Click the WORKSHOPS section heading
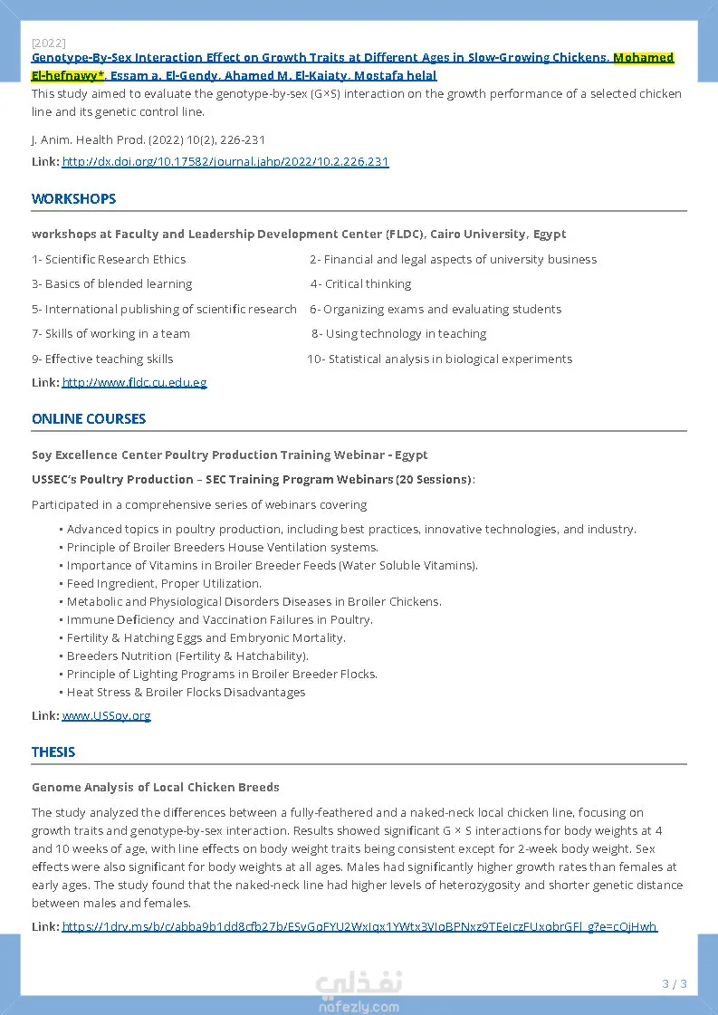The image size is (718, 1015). [x=73, y=199]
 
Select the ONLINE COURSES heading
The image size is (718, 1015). [x=89, y=419]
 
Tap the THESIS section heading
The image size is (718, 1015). [x=53, y=752]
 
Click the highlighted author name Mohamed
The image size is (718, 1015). [x=643, y=58]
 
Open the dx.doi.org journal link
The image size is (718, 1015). [x=225, y=162]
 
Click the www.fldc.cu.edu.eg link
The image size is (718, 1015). [x=134, y=383]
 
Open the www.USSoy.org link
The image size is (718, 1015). [x=106, y=716]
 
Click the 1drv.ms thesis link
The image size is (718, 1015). [x=359, y=926]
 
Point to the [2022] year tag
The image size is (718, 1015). [x=48, y=43]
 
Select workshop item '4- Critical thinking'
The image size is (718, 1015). [x=360, y=284]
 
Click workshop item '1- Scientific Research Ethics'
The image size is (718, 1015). [x=109, y=260]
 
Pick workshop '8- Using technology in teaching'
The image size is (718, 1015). [x=398, y=334]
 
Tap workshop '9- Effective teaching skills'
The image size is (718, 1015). [x=102, y=359]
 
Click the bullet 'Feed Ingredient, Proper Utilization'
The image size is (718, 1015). [x=164, y=584]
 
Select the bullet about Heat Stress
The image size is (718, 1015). [x=186, y=693]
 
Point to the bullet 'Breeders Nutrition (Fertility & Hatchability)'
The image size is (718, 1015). [x=187, y=656]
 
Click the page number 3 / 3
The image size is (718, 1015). [x=675, y=984]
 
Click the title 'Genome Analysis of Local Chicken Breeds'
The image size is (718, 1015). [x=156, y=788]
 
